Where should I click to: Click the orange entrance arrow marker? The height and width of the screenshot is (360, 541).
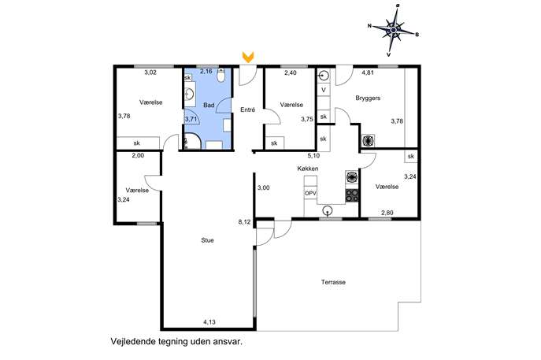point(248,57)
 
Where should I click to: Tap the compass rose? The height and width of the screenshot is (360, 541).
point(393,31)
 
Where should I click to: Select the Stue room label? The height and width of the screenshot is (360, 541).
point(207,240)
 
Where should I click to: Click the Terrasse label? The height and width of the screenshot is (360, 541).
point(333,282)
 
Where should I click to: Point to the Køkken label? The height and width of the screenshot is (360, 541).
point(308,169)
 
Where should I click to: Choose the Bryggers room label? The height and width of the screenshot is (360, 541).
point(368,98)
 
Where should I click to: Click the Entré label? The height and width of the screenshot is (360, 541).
point(248,109)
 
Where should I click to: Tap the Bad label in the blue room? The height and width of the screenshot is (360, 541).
point(209,105)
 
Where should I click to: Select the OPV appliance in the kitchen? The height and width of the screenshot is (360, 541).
point(310,194)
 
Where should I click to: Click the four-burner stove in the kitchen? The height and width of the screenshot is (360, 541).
point(352,195)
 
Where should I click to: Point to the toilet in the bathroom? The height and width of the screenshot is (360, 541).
point(221,76)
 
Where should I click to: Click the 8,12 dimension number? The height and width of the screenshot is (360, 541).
point(244,222)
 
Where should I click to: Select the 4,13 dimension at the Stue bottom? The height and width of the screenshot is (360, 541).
point(209,322)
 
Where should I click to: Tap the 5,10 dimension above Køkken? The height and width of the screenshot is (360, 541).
point(313,156)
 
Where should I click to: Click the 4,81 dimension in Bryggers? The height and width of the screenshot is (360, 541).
point(368,72)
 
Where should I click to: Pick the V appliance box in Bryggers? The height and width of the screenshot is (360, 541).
point(324,90)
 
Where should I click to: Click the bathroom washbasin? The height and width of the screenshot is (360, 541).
point(190,94)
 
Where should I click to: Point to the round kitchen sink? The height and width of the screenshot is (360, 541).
point(328,210)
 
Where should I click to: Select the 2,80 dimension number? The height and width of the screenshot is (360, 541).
point(387,213)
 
